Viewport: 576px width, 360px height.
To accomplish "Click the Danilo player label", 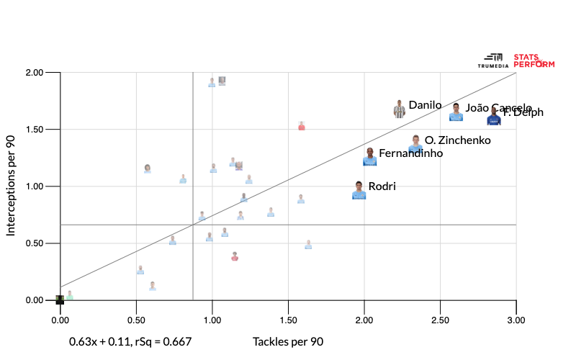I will coord(425,105).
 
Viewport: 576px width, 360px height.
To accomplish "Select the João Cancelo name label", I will coord(498,108).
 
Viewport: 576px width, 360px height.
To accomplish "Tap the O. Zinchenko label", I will coord(458,140).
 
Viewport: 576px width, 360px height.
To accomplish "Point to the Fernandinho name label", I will coord(410,153).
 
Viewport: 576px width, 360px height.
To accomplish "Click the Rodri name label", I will coord(382,186).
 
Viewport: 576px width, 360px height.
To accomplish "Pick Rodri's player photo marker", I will coord(359,190).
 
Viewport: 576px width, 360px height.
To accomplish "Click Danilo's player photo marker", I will coord(400,109).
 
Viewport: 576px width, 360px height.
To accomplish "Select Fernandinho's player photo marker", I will coord(369,157).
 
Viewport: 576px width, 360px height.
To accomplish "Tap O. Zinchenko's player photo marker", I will coord(415,144).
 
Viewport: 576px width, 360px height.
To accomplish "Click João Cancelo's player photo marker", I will coord(456,112).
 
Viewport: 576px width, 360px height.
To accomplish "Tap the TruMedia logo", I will coord(493,60).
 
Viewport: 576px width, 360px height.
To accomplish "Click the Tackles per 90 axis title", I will coord(288,342).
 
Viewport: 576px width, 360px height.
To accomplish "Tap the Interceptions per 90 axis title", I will coord(12,186).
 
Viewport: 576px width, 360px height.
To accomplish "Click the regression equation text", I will coord(130,342).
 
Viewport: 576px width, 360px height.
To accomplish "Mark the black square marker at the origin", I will coord(60,300).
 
